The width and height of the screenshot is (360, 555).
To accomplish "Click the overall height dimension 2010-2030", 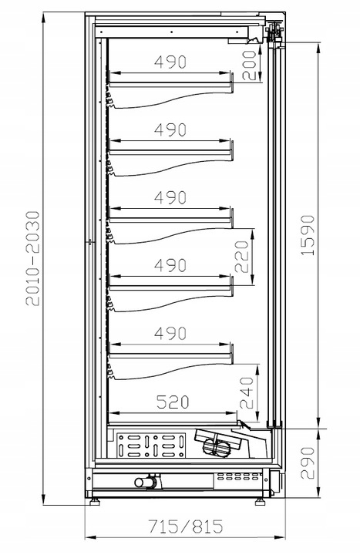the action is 32,258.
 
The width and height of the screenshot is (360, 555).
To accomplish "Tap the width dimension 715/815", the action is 186,526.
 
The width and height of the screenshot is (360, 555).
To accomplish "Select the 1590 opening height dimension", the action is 308,235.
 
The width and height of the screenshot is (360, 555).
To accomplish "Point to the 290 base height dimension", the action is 308,462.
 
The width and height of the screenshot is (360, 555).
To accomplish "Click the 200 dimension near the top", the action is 249,66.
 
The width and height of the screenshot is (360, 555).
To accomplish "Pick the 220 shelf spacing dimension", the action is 242,257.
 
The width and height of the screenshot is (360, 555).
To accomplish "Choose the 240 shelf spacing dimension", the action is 247,393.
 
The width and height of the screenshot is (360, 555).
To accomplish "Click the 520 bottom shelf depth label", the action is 173,402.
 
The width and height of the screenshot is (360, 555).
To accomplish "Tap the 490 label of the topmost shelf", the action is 170,62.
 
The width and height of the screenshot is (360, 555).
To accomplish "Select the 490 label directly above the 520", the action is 170,334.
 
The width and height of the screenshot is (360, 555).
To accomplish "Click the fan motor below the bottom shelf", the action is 216,446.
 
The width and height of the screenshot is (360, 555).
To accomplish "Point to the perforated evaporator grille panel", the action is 151,446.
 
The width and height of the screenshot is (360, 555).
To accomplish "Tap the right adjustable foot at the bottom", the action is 261,501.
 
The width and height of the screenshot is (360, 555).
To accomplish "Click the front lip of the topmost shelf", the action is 232,83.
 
